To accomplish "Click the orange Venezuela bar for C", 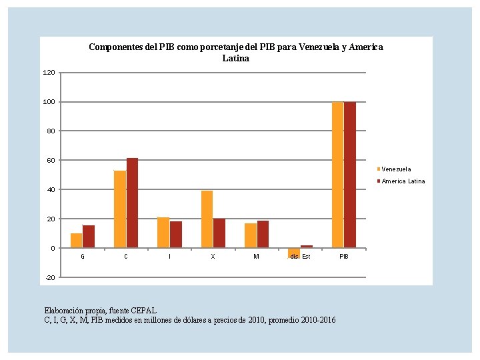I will (x=120, y=209).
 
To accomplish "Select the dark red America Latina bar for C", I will (x=132, y=203).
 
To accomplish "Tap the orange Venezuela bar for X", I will (x=207, y=219).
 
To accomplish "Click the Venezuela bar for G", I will (x=76, y=241).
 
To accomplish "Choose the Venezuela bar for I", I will (x=163, y=233).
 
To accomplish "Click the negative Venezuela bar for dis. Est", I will (x=293, y=253).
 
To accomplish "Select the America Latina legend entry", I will (x=403, y=181).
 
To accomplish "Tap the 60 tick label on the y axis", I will (x=51, y=161).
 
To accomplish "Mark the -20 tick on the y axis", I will (x=50, y=277).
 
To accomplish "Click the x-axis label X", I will (x=213, y=257).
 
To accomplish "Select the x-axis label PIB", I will (x=343, y=257).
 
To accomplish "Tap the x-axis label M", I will (x=256, y=257).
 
